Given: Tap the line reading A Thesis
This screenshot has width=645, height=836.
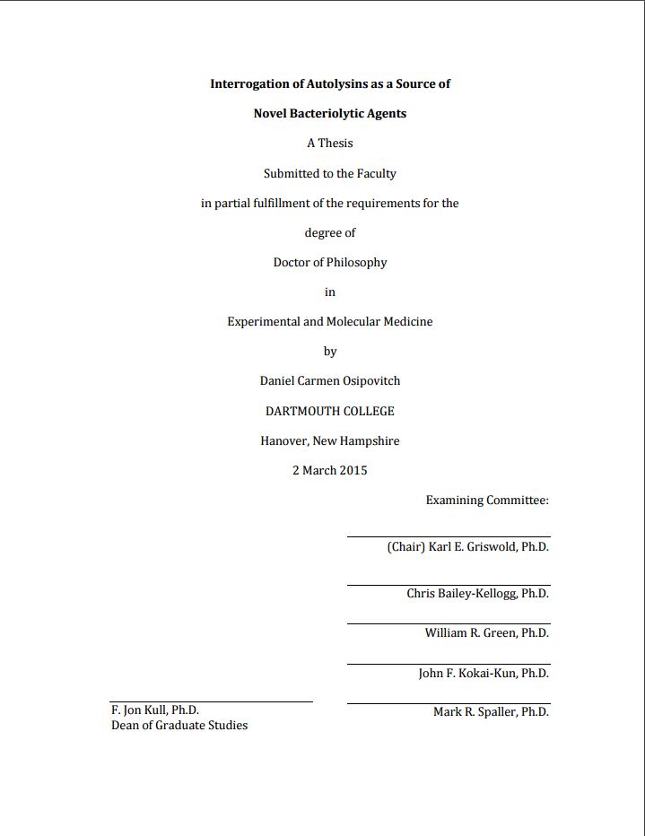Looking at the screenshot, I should pyautogui.click(x=329, y=144).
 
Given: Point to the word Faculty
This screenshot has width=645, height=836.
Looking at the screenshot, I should pyautogui.click(x=376, y=173).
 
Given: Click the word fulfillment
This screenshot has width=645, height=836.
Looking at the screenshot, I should pyautogui.click(x=273, y=204).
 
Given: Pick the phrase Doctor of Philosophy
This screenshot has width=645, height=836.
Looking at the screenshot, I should pyautogui.click(x=329, y=263).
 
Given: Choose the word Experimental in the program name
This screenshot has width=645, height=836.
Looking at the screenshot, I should pyautogui.click(x=263, y=321).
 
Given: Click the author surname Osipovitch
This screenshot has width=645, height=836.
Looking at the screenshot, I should pyautogui.click(x=365, y=380).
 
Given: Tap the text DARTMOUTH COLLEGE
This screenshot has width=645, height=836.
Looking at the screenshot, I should pyautogui.click(x=329, y=411).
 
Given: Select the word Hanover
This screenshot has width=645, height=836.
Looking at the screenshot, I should pyautogui.click(x=283, y=440).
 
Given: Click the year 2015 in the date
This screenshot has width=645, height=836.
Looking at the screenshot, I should pyautogui.click(x=353, y=470).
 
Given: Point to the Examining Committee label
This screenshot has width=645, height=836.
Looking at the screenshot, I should pyautogui.click(x=487, y=500).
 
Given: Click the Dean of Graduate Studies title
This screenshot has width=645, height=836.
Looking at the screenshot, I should pyautogui.click(x=179, y=725).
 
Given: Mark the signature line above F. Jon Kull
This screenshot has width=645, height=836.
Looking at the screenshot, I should pyautogui.click(x=211, y=701).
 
